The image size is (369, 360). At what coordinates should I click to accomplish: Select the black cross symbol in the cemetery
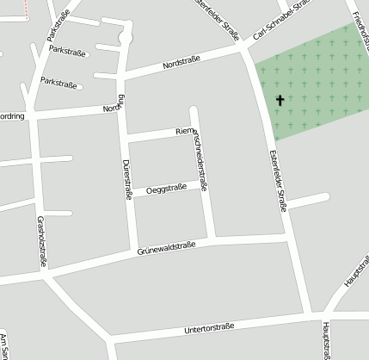280,101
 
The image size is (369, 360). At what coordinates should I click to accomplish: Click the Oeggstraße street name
166,189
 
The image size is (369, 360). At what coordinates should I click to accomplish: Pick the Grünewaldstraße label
166,248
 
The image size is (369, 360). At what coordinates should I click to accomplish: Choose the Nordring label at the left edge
10,116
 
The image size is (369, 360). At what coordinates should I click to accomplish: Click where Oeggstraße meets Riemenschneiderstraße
205,183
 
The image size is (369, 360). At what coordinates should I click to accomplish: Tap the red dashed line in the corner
27,9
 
